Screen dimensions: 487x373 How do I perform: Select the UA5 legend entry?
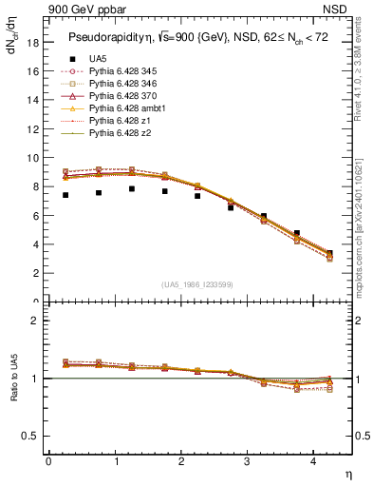coord(97,59)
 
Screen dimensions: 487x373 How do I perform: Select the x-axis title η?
coord(346,474)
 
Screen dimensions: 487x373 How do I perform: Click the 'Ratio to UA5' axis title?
coord(12,391)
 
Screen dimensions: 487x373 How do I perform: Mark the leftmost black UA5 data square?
coord(65,195)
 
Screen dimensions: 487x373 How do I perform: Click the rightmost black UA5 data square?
coord(329,254)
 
